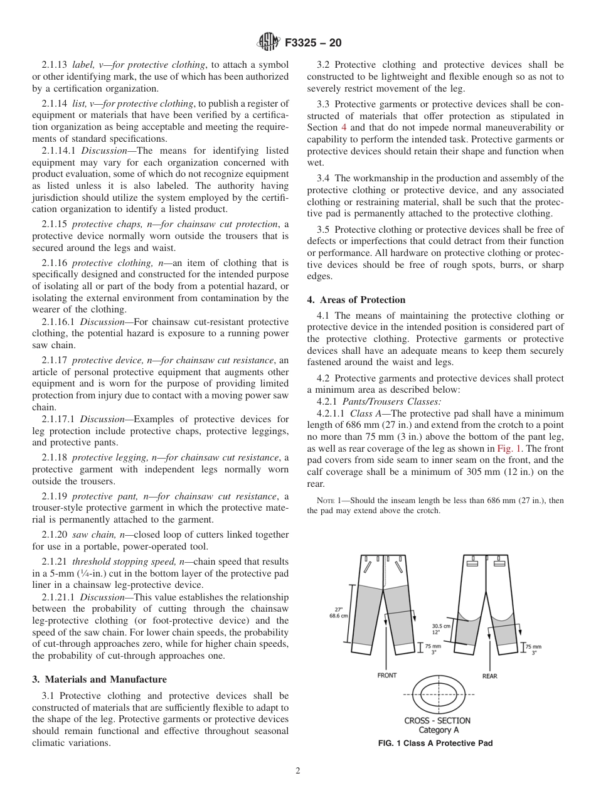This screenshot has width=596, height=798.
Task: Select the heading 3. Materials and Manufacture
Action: [x=100, y=679]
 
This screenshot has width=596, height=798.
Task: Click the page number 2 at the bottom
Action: [x=298, y=771]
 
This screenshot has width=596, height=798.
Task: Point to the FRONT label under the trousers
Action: [x=386, y=676]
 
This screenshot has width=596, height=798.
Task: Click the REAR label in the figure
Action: [x=489, y=676]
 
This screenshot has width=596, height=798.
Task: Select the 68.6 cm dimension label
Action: [x=339, y=615]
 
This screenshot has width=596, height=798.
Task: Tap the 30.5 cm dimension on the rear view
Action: [x=440, y=625]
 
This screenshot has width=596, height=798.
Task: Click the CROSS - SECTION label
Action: [x=437, y=720]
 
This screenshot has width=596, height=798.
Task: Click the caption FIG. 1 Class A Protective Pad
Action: [x=435, y=743]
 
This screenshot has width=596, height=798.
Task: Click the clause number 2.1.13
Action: [x=55, y=65]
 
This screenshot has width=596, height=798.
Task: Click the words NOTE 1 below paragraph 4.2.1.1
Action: [x=330, y=501]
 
